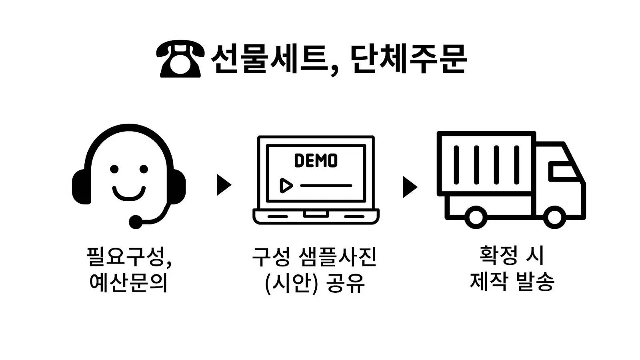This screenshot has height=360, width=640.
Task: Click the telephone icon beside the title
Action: pos(180,60)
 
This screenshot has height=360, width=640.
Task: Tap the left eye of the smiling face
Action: pos(115,169)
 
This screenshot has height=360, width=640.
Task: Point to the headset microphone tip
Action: pos(136,221)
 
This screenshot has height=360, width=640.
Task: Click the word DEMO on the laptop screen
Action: pos(316,161)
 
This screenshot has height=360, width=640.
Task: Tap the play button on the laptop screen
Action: pos(286,186)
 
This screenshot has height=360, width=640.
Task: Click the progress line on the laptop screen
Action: pos(326,186)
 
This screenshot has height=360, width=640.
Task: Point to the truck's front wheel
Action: pos(554,217)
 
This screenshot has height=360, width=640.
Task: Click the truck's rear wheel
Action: pos(475,217)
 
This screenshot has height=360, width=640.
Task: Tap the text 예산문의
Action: pos(128,282)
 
